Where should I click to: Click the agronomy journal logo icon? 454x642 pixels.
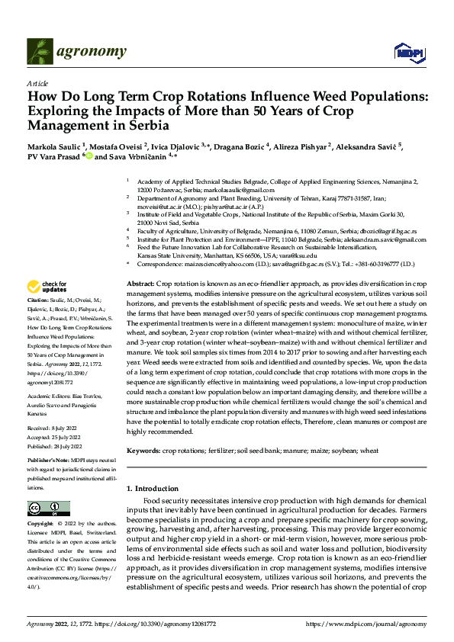tap(39, 51)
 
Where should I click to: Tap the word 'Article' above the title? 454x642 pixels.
tap(37, 83)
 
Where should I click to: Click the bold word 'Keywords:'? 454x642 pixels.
tap(143, 451)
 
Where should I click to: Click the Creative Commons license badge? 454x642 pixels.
tap(44, 508)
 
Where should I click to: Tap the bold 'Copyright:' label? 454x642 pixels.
tap(41, 525)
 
